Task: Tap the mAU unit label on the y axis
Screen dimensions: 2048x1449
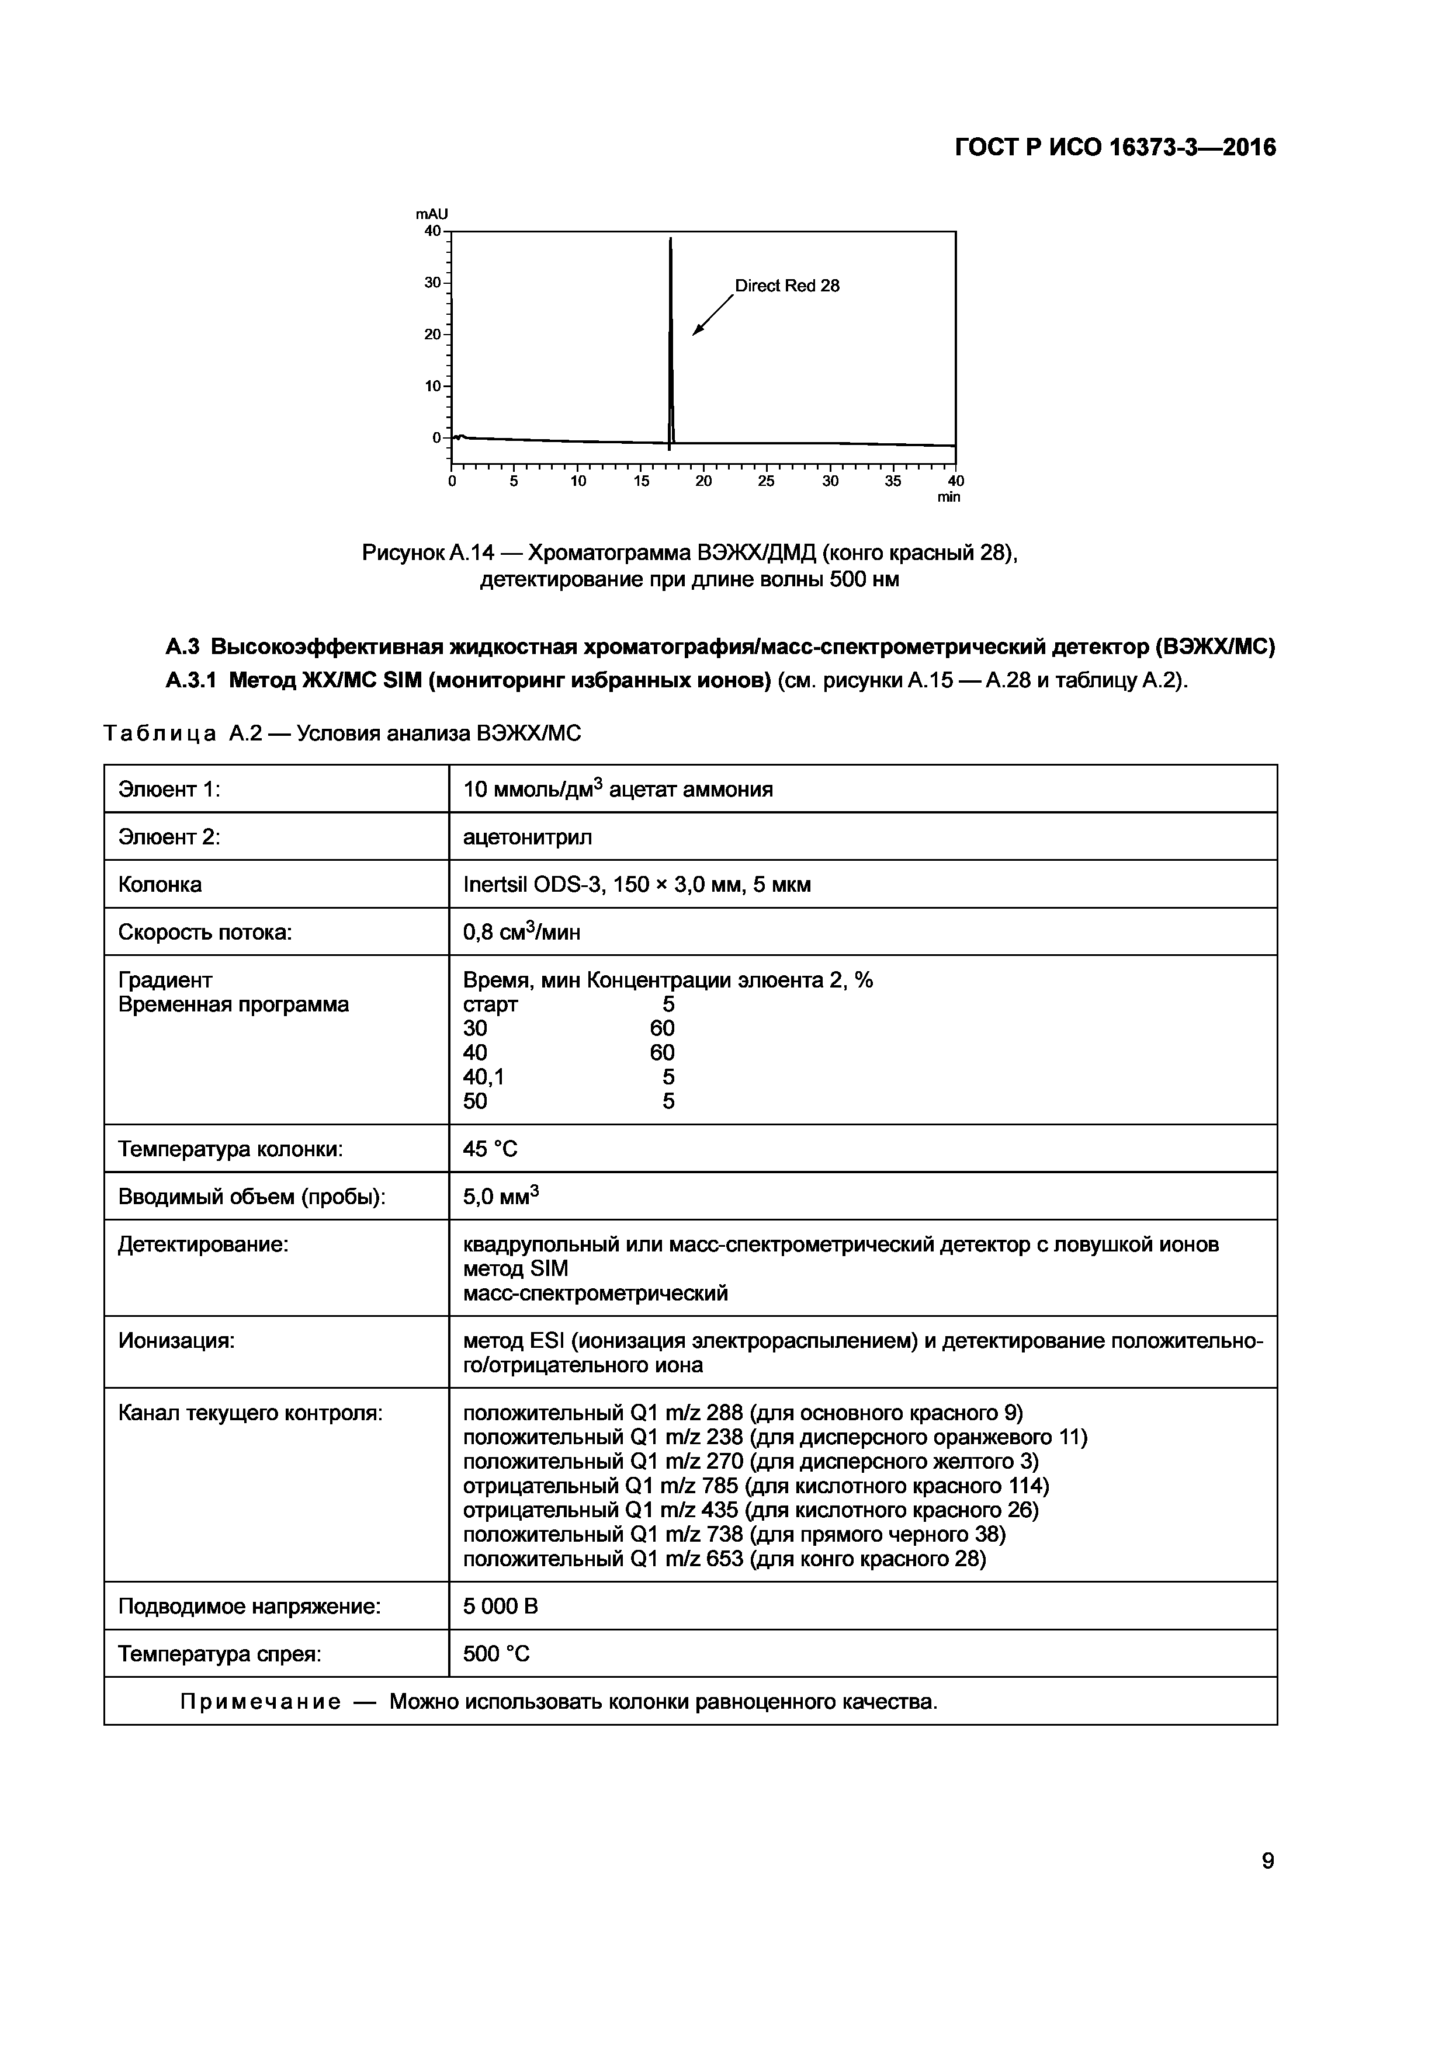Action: (x=432, y=214)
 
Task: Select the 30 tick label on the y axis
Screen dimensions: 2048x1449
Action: (x=433, y=283)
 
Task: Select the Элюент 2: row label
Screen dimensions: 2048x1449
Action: (x=169, y=837)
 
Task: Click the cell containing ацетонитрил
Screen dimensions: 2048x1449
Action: (x=528, y=837)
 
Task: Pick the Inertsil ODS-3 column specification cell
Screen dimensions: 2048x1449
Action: (x=636, y=885)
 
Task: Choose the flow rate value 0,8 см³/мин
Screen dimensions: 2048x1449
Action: (x=521, y=932)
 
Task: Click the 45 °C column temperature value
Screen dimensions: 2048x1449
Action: (x=490, y=1149)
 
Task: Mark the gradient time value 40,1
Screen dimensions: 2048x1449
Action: (x=484, y=1077)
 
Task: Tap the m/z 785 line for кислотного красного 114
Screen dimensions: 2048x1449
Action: (x=755, y=1486)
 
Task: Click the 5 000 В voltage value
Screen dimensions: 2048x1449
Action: (x=501, y=1607)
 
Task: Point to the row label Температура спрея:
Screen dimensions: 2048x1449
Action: (x=220, y=1654)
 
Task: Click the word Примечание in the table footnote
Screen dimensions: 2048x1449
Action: (x=259, y=1702)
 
